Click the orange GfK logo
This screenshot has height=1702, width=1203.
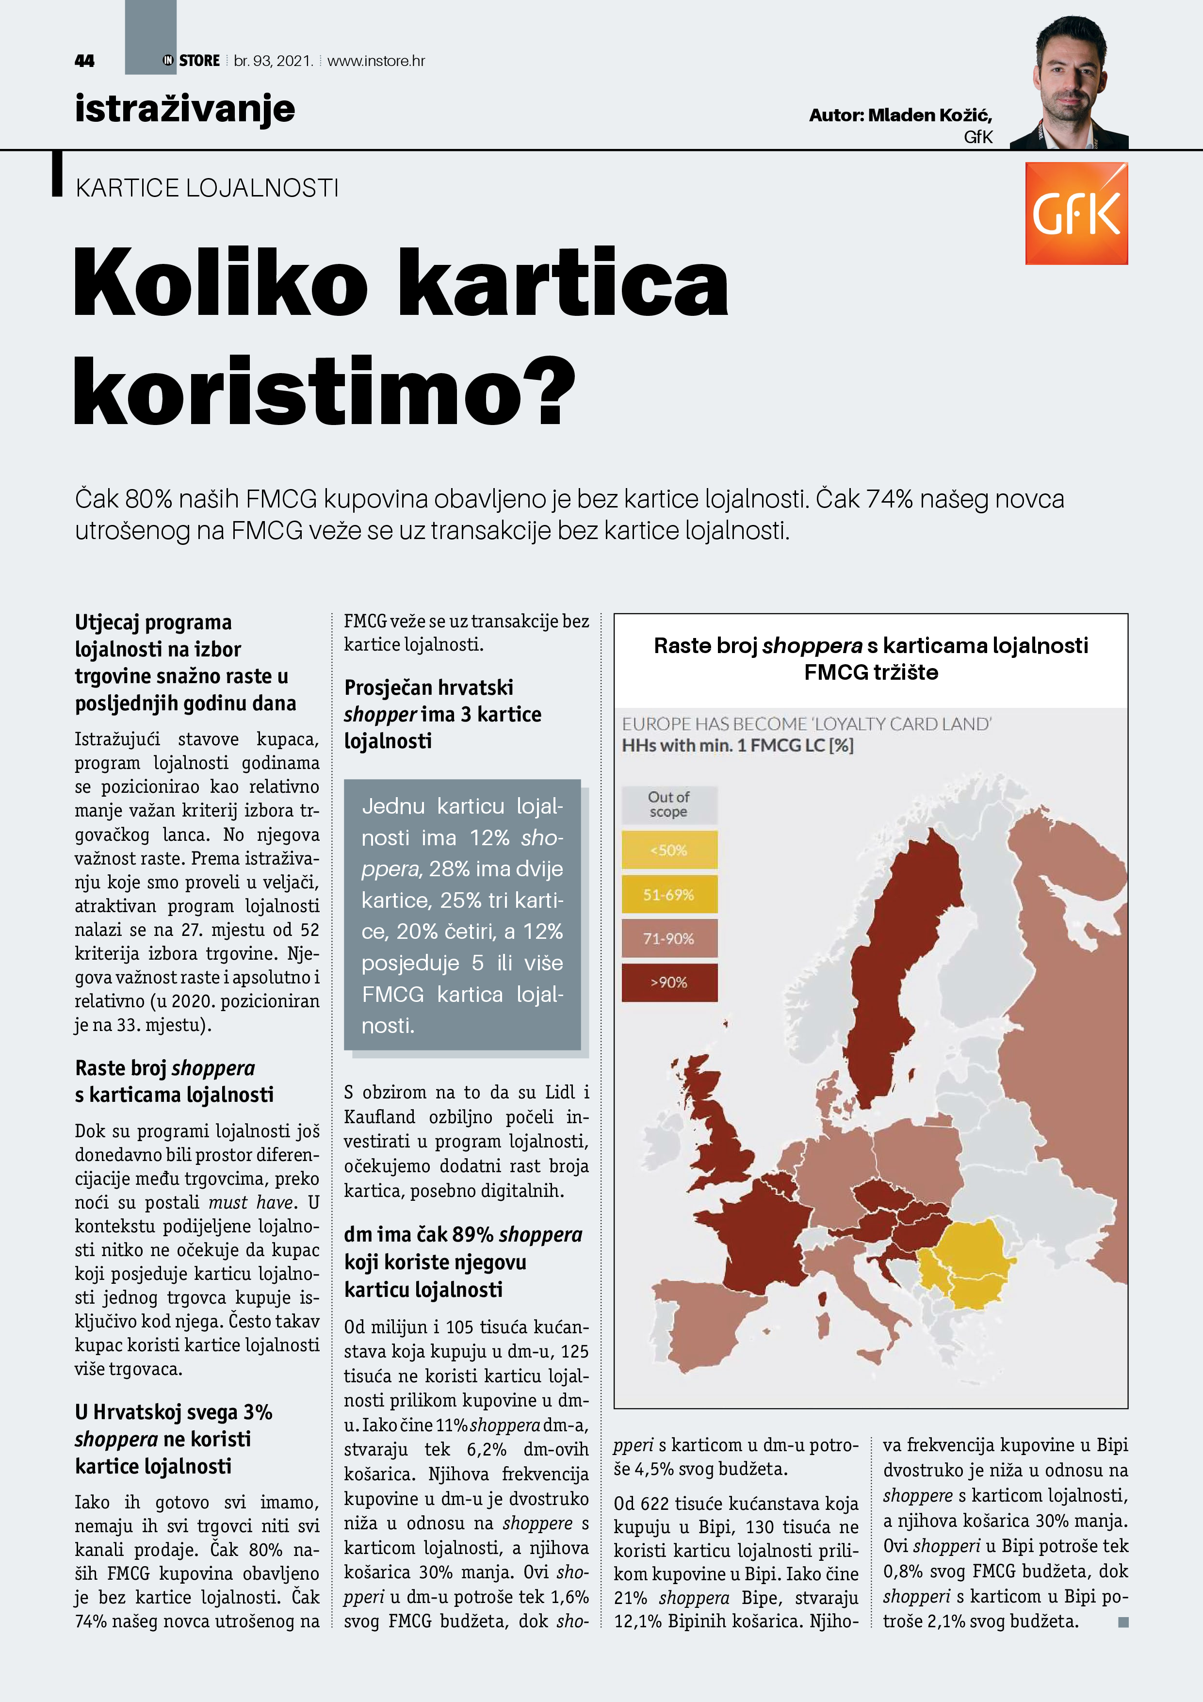click(x=1076, y=213)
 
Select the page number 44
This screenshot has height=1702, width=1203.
click(x=84, y=61)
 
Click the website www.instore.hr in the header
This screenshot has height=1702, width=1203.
click(x=376, y=61)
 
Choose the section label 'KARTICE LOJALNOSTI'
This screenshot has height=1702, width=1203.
click(x=207, y=188)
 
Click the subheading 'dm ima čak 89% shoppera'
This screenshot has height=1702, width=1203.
click(x=462, y=1235)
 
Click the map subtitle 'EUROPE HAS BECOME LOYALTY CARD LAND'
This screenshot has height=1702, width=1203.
click(x=807, y=724)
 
